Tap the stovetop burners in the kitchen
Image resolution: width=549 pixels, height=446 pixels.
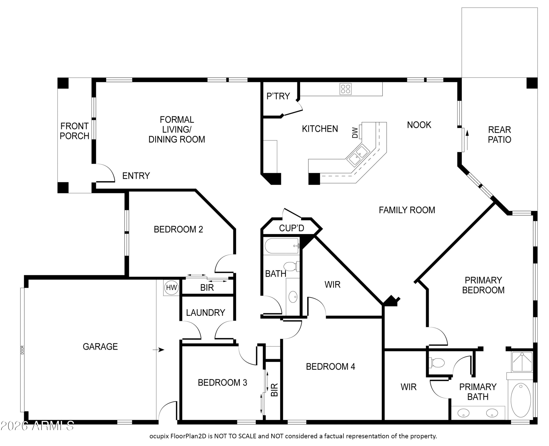pos(346,89)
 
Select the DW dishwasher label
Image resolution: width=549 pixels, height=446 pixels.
pos(355,133)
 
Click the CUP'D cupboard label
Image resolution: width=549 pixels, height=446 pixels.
pos(292,228)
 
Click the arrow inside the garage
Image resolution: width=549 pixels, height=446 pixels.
pos(158,350)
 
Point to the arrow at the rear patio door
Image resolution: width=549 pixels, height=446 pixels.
pos(467,140)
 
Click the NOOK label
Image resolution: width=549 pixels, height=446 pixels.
pos(419,125)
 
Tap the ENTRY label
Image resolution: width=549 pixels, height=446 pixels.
pos(136,176)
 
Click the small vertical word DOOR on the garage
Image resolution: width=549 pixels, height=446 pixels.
pos(22,350)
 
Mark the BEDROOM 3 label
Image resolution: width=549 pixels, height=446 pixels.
pos(222,383)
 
